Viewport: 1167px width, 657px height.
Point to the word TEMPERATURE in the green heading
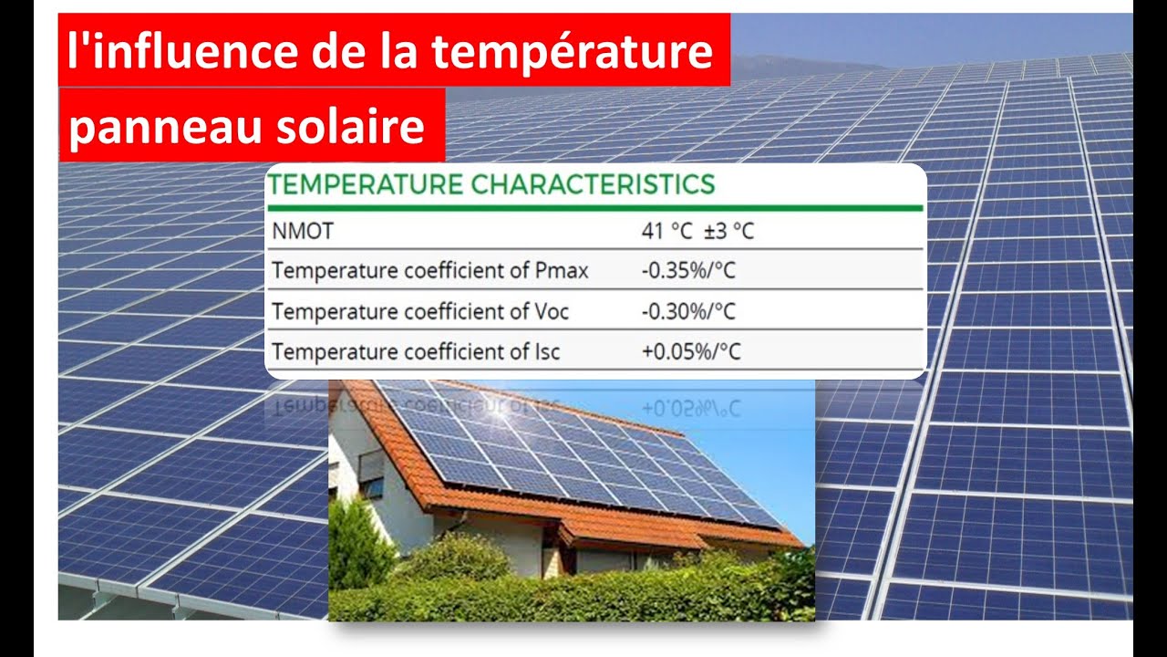367,184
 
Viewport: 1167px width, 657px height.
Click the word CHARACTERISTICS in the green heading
593,184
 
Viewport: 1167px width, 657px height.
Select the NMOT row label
303,232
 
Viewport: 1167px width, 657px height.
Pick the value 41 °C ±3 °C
697,232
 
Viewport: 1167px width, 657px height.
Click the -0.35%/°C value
688,271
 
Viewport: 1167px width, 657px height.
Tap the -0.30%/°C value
688,312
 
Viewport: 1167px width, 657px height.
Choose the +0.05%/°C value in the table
691,352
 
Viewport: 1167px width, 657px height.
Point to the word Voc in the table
550,312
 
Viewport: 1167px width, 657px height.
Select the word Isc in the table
545,352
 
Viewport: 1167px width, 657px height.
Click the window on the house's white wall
371,475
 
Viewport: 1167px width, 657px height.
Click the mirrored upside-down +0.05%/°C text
691,407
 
